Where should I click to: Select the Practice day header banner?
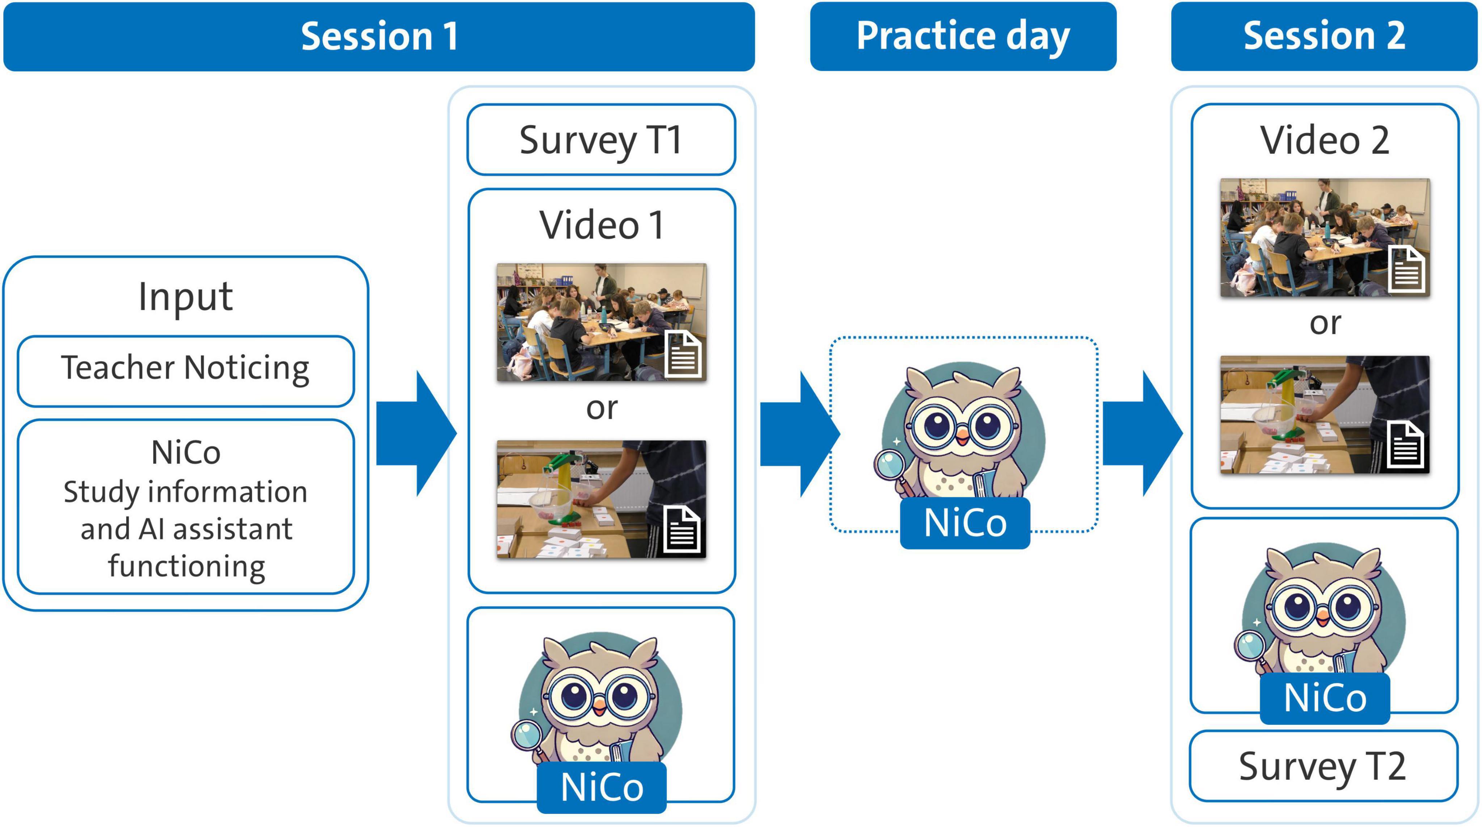(x=963, y=36)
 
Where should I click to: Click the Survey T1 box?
(x=601, y=140)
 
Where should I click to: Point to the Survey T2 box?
(x=1323, y=766)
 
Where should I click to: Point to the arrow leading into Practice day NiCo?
(x=800, y=433)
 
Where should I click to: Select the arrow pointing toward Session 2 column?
(x=1142, y=433)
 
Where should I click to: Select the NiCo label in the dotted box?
(x=965, y=522)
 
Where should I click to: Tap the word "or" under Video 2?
(x=1325, y=324)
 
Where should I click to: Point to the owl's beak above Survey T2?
(x=1323, y=620)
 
